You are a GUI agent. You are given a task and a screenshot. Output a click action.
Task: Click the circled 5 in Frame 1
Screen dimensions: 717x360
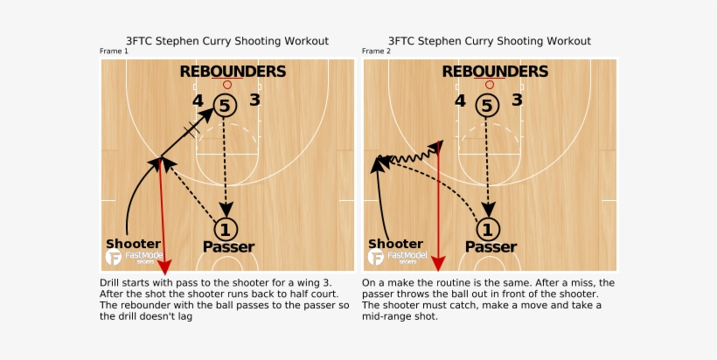click(225, 106)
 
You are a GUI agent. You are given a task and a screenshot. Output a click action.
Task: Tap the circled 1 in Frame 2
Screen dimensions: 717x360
click(487, 229)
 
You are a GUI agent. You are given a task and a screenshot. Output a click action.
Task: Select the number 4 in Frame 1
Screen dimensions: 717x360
click(198, 100)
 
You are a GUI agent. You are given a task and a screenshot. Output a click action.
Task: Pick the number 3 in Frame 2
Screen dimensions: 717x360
click(517, 100)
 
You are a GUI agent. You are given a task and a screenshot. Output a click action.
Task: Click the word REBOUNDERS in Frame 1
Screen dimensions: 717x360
click(233, 72)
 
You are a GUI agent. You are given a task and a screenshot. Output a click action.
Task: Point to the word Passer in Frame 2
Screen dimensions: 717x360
click(491, 247)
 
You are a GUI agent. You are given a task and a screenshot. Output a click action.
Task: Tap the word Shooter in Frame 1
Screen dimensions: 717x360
click(133, 244)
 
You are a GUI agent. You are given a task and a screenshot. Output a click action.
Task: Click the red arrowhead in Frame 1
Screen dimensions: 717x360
click(164, 267)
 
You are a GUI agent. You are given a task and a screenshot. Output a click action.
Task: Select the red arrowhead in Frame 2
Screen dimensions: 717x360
click(439, 264)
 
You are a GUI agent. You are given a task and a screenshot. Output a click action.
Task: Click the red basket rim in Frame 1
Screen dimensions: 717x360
click(227, 85)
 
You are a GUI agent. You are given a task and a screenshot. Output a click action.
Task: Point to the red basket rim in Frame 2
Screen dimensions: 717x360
click(490, 85)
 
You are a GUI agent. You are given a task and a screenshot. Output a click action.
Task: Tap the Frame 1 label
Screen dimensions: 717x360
click(114, 52)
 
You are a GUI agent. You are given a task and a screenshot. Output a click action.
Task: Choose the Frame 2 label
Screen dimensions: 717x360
click(376, 52)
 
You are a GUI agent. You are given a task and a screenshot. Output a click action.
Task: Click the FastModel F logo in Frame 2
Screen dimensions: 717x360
click(376, 257)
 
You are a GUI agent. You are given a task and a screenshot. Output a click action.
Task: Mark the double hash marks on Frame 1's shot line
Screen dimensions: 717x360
click(192, 129)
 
